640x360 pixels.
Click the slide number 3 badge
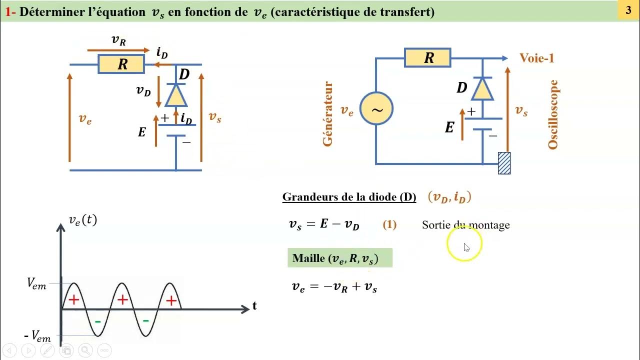pos(628,10)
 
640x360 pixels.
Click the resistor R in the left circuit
pos(121,64)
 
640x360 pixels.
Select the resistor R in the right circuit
pos(428,58)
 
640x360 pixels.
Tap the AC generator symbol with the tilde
pos(376,108)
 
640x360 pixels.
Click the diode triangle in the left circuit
pos(175,94)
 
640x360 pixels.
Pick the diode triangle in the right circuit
pos(482,88)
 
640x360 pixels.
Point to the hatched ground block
pos(504,163)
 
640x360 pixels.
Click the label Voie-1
pos(537,58)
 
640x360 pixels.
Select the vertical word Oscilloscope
pos(552,114)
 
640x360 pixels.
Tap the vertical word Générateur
pos(327,114)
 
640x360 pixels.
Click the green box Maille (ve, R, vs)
pos(339,258)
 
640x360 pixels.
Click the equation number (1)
pos(389,224)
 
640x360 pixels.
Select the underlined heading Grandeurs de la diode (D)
pos(349,197)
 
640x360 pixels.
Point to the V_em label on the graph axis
pos(36,284)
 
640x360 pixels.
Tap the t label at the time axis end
pos(254,306)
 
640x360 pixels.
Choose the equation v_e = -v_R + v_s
pos(334,286)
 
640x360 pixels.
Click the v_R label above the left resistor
pos(118,41)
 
